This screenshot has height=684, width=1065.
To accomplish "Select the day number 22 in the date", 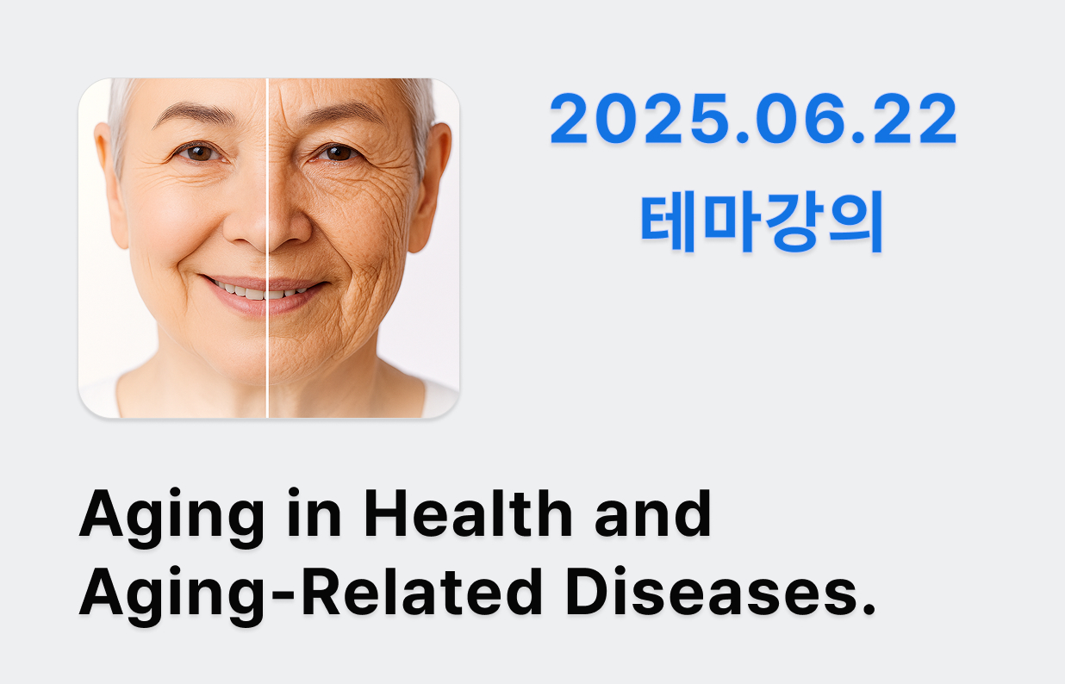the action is click(914, 118).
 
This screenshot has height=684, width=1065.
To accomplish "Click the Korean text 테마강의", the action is click(763, 221).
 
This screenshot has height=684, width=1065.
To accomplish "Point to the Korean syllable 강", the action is click(793, 221).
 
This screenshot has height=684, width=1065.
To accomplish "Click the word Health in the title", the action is click(469, 513).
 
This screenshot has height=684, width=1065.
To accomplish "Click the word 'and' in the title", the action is click(653, 513).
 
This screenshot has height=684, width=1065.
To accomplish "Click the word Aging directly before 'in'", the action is click(171, 518).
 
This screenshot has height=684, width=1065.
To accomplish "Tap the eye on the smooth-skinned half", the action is click(199, 152).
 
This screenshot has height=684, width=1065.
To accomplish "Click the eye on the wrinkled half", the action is click(337, 152).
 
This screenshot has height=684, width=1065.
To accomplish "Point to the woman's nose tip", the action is click(267, 233).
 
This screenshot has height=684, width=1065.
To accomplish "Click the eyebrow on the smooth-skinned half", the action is click(196, 114).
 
